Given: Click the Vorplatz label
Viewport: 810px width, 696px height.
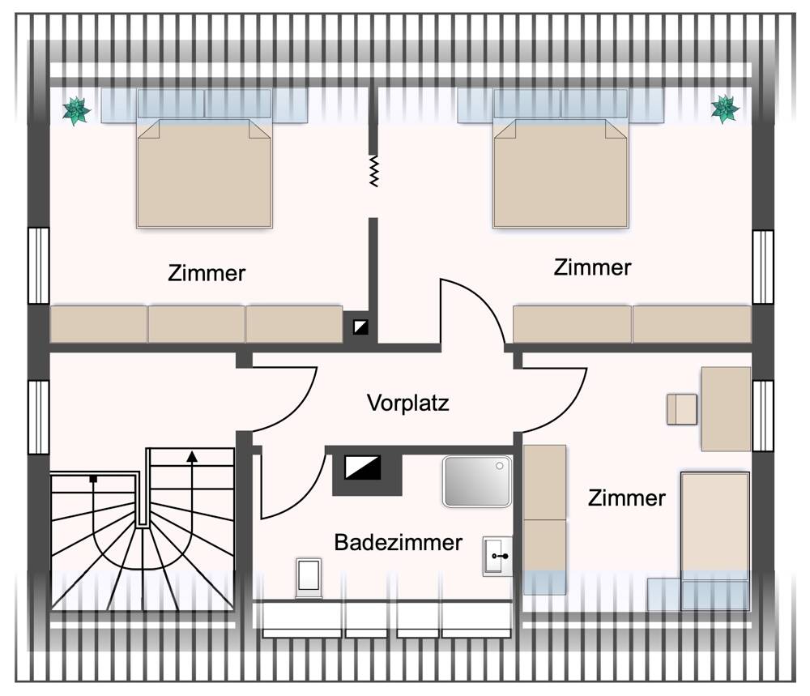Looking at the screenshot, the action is (x=407, y=403).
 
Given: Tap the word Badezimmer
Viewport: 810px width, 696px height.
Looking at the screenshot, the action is (x=399, y=542).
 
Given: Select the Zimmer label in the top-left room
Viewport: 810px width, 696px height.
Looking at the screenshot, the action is (x=207, y=273).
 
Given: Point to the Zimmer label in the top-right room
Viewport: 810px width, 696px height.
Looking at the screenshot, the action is (x=592, y=267).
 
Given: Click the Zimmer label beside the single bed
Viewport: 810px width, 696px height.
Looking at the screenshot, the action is (x=627, y=497).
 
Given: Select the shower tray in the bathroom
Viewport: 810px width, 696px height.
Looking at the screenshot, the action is (x=477, y=480).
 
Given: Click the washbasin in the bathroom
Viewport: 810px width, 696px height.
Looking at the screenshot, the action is (x=497, y=556).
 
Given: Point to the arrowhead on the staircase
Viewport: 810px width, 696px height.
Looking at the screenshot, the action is (x=192, y=456).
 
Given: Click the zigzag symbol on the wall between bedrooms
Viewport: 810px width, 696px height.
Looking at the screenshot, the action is (x=373, y=171).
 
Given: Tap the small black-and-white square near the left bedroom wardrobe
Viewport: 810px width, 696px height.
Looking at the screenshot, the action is (x=360, y=327).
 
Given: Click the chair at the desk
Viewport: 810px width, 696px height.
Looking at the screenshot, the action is (x=681, y=409).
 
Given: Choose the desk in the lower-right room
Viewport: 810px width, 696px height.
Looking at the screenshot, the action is (x=725, y=408).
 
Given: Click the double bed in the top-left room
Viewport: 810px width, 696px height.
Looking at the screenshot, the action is (x=203, y=172).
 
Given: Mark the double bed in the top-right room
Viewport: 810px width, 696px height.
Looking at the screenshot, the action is (x=561, y=172).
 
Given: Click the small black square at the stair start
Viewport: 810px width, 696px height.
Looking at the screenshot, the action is (x=94, y=480).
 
